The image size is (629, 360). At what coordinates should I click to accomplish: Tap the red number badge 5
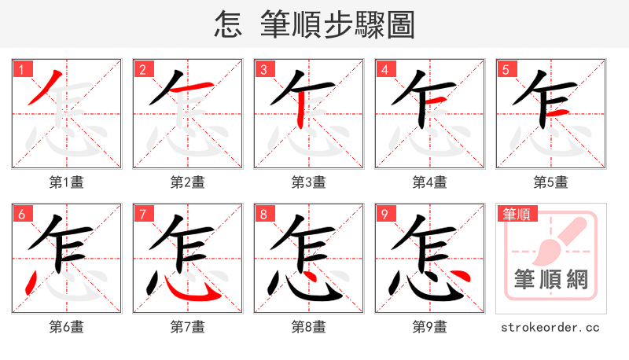[x=506, y=69]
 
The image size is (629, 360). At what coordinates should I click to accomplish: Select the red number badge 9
[x=384, y=214]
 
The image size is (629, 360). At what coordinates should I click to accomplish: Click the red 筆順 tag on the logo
[x=516, y=214]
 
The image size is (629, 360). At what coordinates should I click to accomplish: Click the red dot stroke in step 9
[x=463, y=277]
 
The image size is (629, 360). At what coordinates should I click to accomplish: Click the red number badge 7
[x=142, y=214]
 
